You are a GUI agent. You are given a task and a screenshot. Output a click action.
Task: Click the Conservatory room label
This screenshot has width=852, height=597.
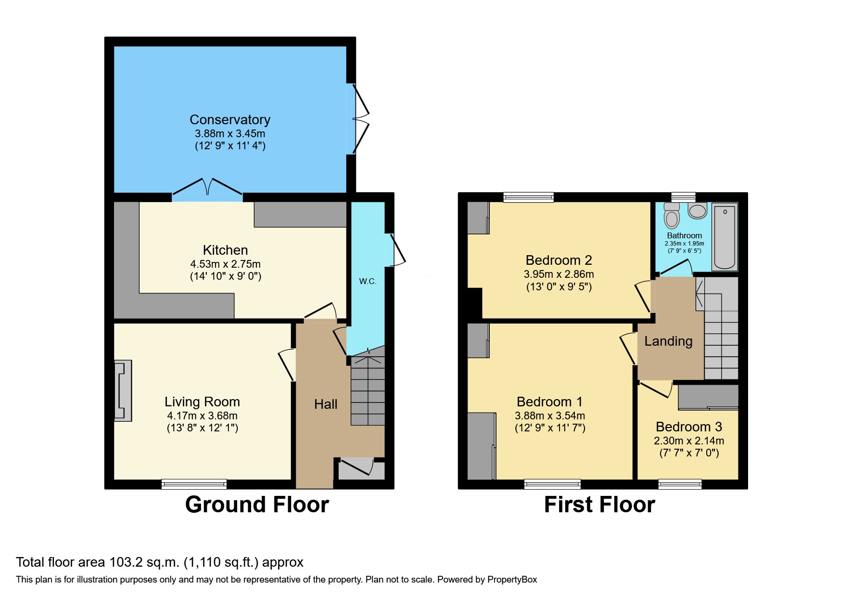230,119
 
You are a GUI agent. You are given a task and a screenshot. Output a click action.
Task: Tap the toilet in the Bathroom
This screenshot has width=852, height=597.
672,216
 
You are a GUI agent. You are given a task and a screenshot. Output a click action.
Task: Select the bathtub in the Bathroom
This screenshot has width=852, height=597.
725,236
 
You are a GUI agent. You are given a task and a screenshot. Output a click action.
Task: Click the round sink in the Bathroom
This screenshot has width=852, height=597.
697,210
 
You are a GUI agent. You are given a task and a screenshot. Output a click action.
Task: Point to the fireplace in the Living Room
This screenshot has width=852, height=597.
122,390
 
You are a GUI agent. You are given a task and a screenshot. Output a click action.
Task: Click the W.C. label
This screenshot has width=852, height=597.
368,281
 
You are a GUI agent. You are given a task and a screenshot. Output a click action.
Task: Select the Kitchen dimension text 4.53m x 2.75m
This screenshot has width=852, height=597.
225,264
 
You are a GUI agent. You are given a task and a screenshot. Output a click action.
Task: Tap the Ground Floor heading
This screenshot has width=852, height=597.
257,505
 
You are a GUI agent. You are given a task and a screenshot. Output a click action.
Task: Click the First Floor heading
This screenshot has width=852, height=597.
599,505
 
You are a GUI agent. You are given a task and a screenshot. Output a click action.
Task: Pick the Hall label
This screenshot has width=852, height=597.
326,404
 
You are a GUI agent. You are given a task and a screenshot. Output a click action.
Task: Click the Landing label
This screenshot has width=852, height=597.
668,341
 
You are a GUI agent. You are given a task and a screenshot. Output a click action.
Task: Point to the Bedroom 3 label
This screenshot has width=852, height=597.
688,427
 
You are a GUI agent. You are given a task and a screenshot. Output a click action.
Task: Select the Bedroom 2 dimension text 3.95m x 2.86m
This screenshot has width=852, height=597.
559,274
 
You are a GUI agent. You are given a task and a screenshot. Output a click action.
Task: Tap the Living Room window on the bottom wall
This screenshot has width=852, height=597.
194,484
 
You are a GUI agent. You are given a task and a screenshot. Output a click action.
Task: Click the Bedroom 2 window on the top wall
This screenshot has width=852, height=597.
528,197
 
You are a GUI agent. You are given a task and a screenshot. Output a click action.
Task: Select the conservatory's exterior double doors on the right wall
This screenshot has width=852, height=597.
358,119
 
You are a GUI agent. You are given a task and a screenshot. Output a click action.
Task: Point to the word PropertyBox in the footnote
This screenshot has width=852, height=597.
512,580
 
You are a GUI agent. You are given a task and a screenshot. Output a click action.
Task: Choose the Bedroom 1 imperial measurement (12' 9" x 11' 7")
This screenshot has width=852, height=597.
550,428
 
